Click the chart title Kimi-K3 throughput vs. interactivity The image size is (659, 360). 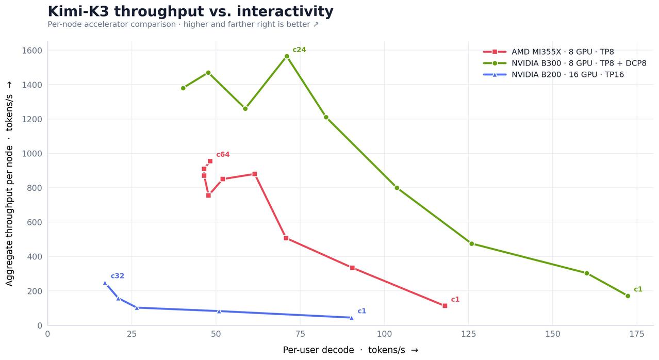click(190, 12)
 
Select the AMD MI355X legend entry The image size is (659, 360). click(548, 52)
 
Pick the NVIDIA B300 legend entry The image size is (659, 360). click(565, 63)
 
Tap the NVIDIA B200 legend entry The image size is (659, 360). click(553, 74)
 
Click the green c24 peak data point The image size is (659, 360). click(287, 56)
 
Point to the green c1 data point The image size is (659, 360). click(628, 296)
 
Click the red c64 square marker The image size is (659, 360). click(210, 161)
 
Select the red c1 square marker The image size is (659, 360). click(445, 306)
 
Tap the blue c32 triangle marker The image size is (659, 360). click(105, 283)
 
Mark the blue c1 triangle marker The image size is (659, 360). click(351, 318)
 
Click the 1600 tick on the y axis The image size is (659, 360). click(32, 51)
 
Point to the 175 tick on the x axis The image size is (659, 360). click(637, 334)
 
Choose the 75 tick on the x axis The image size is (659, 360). click(300, 334)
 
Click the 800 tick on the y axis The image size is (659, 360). click(35, 188)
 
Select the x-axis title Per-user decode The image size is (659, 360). click(319, 350)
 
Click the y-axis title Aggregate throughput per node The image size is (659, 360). click(9, 216)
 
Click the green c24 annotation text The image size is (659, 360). click(299, 50)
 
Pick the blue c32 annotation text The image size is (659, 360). click(118, 276)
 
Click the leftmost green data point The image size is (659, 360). click(183, 88)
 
